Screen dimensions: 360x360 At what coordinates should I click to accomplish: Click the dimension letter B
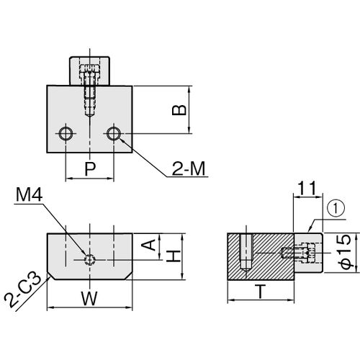[179, 110]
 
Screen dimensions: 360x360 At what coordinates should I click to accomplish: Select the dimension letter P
[90, 168]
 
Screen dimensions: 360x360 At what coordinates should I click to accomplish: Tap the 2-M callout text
[189, 168]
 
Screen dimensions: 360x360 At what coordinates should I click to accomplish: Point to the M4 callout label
[30, 194]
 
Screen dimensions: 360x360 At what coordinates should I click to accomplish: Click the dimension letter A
[148, 245]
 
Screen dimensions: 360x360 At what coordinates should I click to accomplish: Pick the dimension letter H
[174, 256]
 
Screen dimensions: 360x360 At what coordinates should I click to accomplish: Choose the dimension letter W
[89, 298]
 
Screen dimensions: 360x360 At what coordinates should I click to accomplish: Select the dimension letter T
[261, 292]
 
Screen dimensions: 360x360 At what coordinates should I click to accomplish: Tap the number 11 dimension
[307, 189]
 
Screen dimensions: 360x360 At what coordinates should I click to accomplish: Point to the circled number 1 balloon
[336, 208]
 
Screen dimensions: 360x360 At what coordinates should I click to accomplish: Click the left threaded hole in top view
[66, 133]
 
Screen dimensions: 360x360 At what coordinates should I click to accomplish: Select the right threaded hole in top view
[114, 133]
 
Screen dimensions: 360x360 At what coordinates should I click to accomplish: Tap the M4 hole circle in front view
[90, 260]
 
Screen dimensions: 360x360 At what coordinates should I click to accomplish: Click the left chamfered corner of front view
[51, 276]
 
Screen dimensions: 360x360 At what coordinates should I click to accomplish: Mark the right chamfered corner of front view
[128, 276]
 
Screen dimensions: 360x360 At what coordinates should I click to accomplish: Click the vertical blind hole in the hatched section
[246, 253]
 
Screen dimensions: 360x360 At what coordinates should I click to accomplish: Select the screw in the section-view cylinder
[298, 253]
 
